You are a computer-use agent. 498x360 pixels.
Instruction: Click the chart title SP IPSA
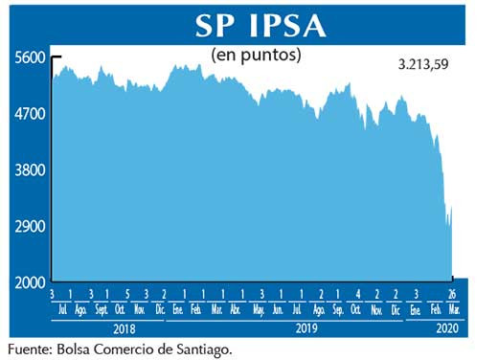(260, 26)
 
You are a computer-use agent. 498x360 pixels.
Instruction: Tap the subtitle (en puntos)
(256, 55)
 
